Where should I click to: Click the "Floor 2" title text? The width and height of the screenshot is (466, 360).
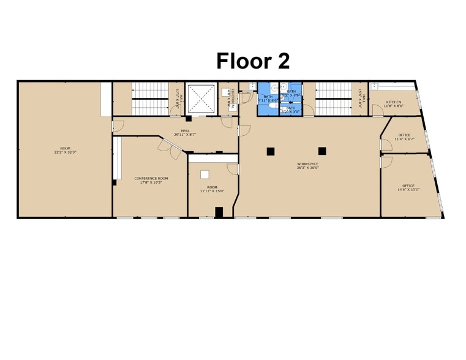253,61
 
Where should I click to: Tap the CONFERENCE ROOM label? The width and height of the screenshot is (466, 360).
151,178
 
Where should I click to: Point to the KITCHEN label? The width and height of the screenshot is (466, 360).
393,102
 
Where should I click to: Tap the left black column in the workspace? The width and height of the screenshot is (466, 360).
269,151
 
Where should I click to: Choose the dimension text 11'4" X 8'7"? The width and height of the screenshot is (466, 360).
404,139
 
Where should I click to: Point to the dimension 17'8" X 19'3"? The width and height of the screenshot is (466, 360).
151,182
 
